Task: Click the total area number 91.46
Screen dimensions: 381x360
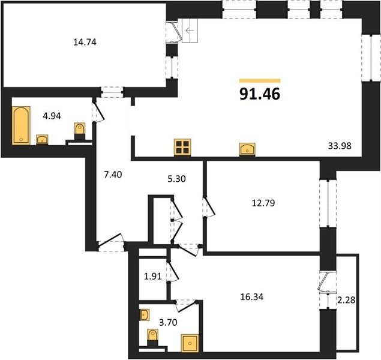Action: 260,94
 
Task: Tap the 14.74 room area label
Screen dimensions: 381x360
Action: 85,42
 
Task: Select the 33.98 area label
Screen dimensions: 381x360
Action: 340,146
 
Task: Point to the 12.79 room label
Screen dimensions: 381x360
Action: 263,203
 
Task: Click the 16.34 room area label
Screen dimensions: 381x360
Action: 252,297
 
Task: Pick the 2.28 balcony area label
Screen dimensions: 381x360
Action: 346,300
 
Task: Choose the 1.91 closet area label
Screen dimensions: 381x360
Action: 153,277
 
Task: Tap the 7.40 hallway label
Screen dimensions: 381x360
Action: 113,175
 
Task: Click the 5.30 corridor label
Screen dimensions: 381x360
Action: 176,179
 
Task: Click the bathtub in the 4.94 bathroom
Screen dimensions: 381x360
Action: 21,125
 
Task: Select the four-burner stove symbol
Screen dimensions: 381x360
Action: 182,147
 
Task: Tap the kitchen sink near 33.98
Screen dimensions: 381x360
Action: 247,149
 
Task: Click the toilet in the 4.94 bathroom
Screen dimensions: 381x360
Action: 80,131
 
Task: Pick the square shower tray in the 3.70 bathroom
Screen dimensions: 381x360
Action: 190,343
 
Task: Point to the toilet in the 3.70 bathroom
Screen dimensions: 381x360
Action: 153,337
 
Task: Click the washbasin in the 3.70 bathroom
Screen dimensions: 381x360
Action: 145,315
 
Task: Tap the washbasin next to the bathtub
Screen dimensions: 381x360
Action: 42,140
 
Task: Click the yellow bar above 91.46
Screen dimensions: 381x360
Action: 260,81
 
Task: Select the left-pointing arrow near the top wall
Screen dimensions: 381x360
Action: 190,31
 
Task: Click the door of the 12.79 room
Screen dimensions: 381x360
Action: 209,207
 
